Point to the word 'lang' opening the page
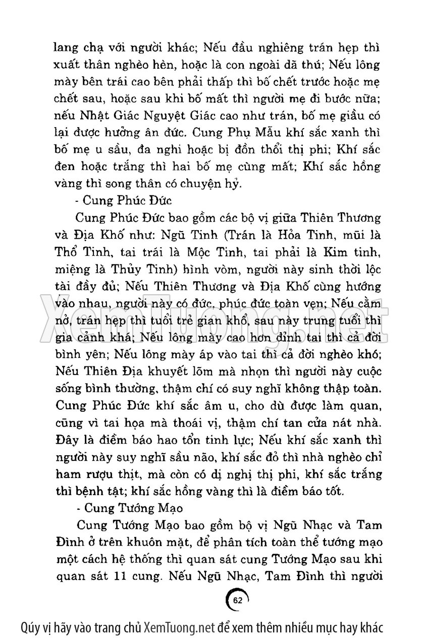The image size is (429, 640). click(x=65, y=48)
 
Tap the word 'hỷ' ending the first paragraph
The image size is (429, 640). click(x=236, y=184)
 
